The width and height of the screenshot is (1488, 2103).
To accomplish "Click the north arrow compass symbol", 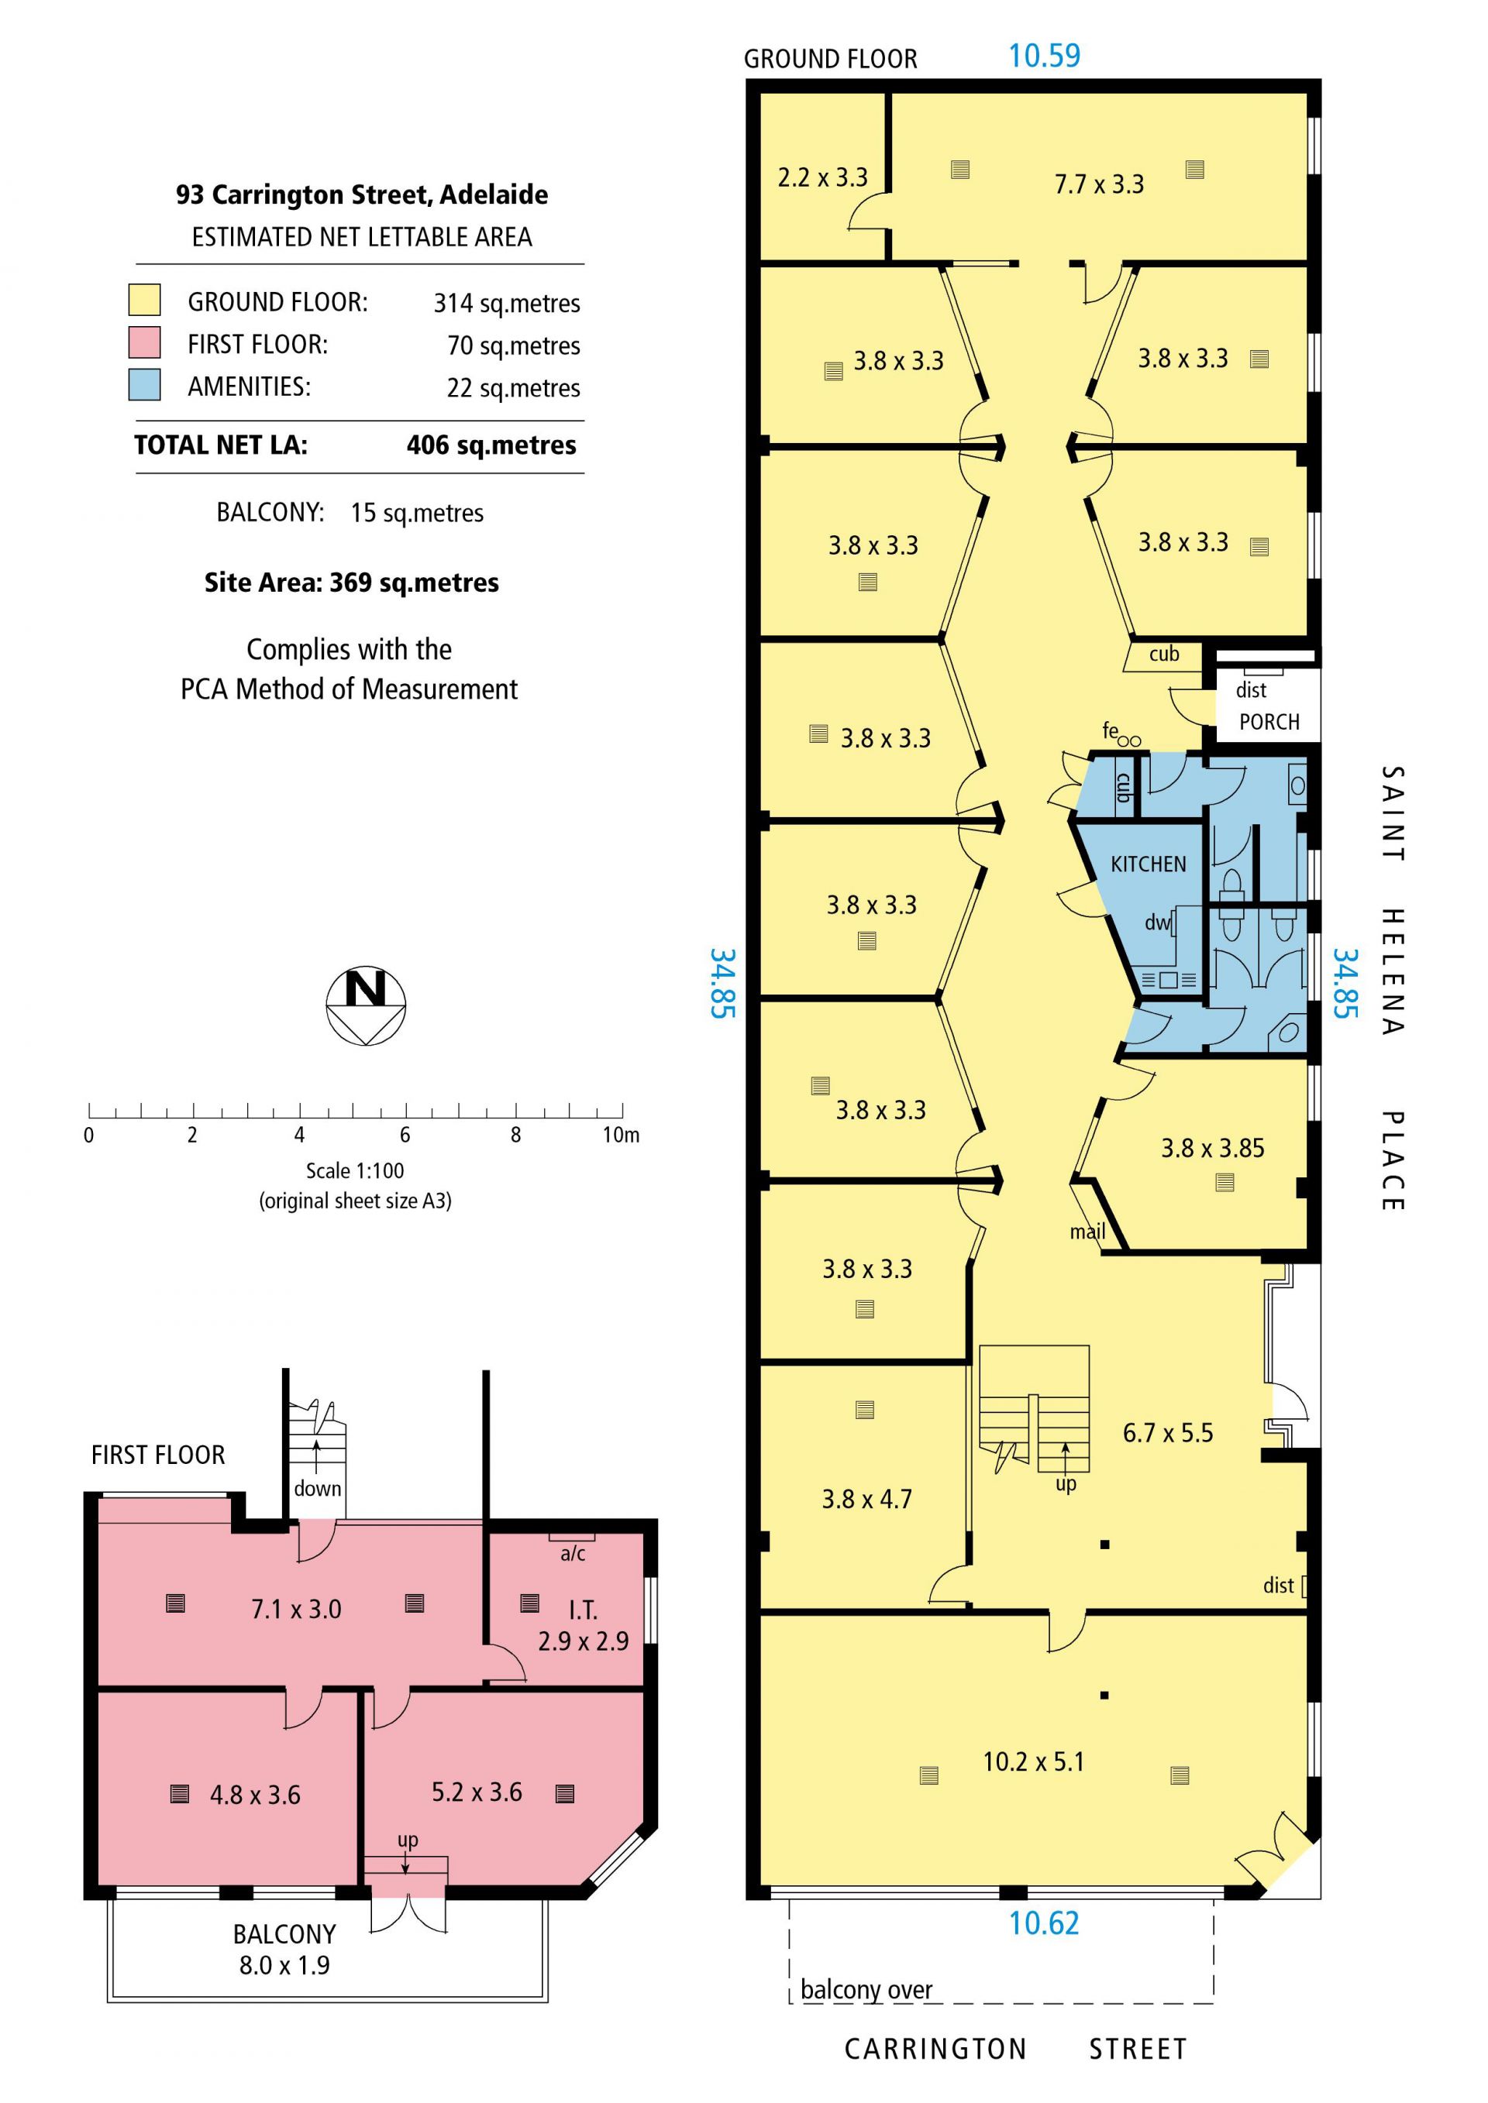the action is (x=366, y=1005).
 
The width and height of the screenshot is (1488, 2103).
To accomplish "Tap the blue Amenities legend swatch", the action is (x=145, y=385).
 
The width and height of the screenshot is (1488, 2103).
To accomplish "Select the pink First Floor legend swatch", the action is (x=145, y=342).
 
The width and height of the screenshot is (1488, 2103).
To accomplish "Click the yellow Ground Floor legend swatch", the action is (x=145, y=300).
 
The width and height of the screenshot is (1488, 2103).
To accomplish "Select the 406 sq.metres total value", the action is (x=491, y=445).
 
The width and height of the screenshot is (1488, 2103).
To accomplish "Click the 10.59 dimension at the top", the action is (x=1045, y=56).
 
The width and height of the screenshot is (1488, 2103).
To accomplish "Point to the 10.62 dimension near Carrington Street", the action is (x=1044, y=1923).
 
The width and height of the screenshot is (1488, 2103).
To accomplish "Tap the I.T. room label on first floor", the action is (x=583, y=1610).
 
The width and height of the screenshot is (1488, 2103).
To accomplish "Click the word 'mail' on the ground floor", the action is (x=1087, y=1231).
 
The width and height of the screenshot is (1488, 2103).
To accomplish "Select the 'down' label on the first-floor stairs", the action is (x=317, y=1489).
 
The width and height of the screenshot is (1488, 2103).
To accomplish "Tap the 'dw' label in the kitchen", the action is (x=1156, y=923).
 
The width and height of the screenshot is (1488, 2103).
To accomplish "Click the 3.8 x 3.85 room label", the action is (x=1212, y=1148).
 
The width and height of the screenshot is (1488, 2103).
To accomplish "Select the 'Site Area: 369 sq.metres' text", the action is (x=351, y=582).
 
